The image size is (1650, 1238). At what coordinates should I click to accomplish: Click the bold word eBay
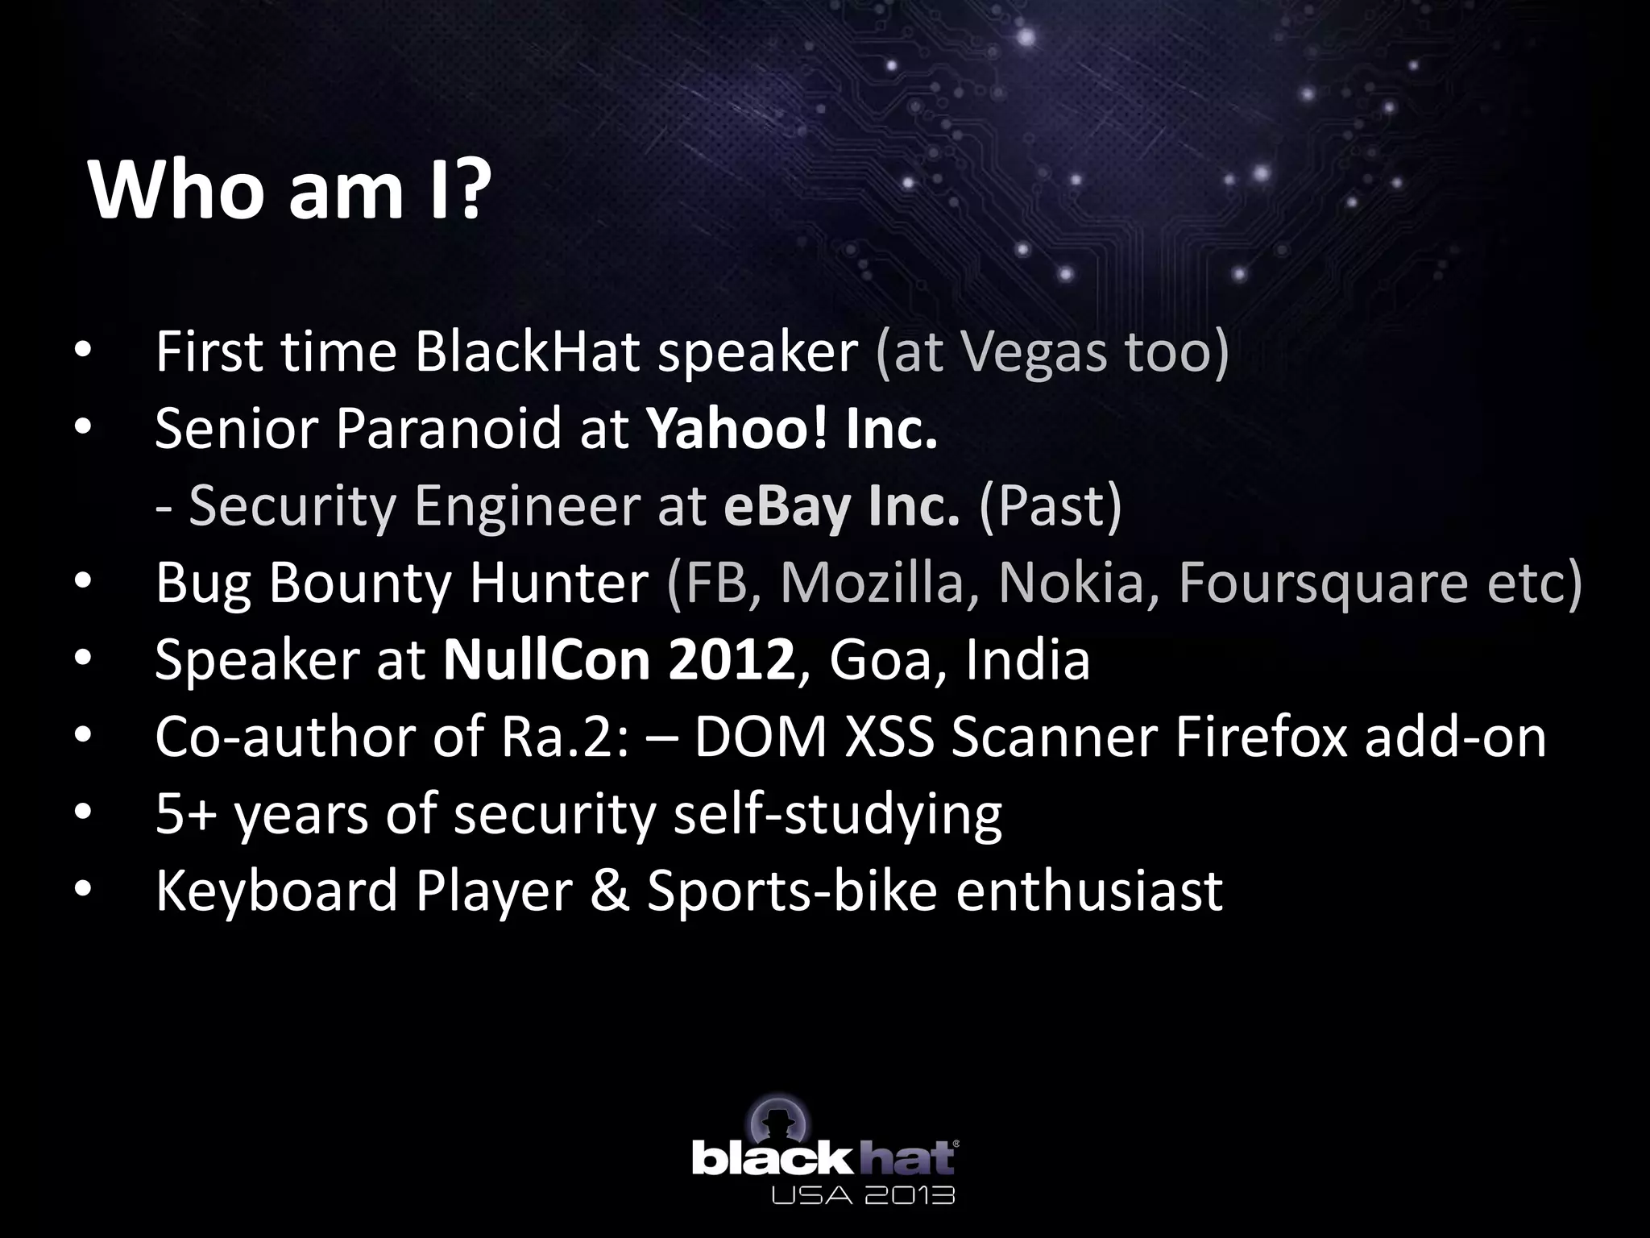(x=786, y=505)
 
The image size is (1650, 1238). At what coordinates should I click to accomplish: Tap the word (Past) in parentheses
(x=1050, y=505)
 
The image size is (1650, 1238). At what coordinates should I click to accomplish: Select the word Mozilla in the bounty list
(x=872, y=582)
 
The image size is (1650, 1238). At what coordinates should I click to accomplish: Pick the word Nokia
(x=1072, y=582)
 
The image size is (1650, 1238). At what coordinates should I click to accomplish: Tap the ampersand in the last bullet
(x=609, y=891)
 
